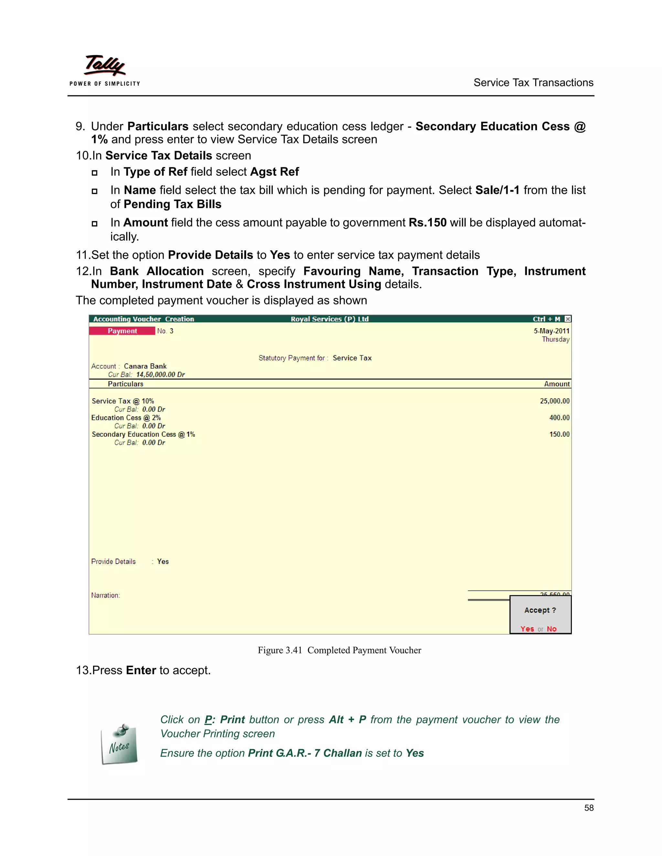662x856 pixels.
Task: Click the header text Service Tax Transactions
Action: pyautogui.click(x=533, y=83)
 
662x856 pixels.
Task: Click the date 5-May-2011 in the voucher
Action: pyautogui.click(x=551, y=331)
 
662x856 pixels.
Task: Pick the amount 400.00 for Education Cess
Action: pyautogui.click(x=559, y=418)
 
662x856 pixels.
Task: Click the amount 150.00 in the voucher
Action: pyautogui.click(x=559, y=434)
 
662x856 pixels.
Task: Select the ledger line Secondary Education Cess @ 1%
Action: pyautogui.click(x=143, y=434)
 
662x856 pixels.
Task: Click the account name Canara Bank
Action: pyautogui.click(x=145, y=366)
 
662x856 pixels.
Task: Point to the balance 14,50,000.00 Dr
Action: pyautogui.click(x=160, y=374)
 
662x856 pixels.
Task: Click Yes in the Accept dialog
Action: pyautogui.click(x=527, y=629)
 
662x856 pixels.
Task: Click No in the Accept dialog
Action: pyautogui.click(x=551, y=629)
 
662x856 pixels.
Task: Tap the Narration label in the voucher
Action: pyautogui.click(x=105, y=595)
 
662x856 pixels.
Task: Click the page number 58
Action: pyautogui.click(x=589, y=808)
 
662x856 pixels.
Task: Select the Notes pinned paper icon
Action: pyautogui.click(x=119, y=745)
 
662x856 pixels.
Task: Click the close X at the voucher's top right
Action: pyautogui.click(x=568, y=319)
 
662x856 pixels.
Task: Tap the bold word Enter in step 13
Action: pyautogui.click(x=141, y=670)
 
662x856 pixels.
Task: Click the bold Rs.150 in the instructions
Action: pyautogui.click(x=427, y=223)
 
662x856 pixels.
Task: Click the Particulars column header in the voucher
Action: pyautogui.click(x=125, y=384)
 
